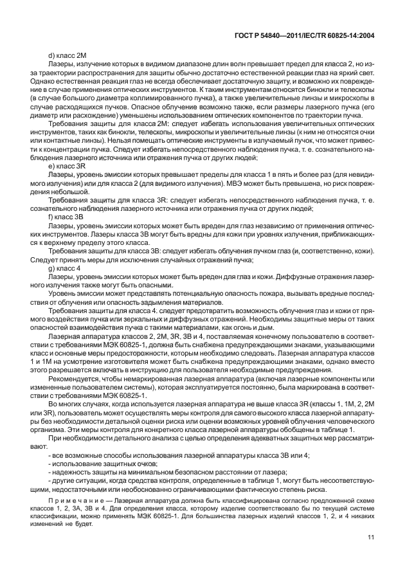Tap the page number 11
point(370,555)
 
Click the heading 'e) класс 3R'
point(72,165)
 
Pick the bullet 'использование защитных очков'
point(105,463)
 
